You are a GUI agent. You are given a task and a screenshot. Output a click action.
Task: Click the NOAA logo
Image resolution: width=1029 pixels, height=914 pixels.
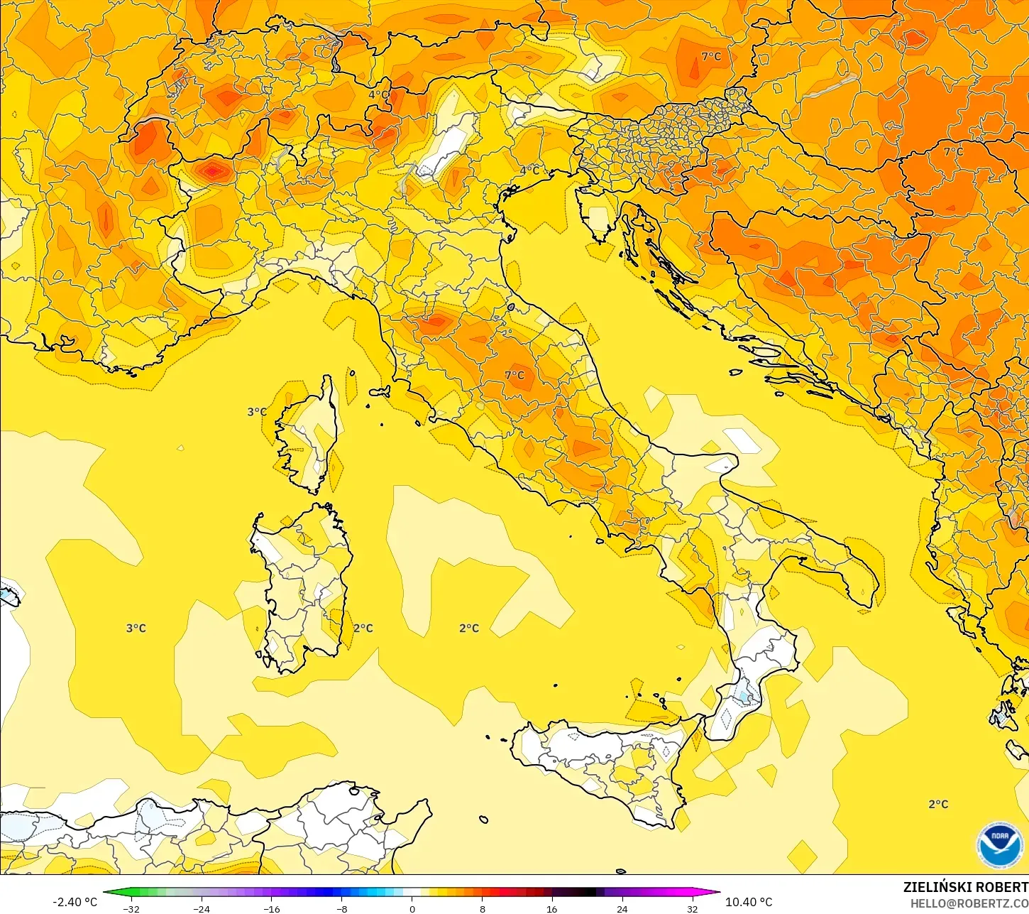point(999,844)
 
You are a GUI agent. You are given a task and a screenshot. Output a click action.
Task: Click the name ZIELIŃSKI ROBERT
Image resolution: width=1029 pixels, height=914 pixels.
point(965,888)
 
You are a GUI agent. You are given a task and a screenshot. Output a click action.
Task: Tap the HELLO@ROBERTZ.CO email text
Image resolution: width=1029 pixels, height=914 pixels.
point(969,903)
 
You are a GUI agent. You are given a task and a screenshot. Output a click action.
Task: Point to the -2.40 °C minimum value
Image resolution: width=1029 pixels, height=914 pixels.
point(75,902)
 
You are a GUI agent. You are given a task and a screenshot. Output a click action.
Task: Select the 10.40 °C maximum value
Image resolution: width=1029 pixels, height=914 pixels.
point(749,902)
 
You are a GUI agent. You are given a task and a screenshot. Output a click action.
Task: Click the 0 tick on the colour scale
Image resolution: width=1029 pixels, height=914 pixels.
point(412,909)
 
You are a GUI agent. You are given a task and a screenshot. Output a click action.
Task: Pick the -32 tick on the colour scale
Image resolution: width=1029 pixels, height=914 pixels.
point(131,909)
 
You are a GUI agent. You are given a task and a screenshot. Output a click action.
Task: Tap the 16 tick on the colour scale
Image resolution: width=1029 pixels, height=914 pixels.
point(551,909)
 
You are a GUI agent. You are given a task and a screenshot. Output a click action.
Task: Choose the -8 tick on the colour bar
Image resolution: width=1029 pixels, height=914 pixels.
point(342,909)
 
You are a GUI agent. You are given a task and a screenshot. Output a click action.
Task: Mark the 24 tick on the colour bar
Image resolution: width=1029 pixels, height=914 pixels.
point(622,909)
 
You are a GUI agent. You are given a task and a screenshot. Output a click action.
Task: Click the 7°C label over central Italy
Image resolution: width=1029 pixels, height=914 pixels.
point(514,375)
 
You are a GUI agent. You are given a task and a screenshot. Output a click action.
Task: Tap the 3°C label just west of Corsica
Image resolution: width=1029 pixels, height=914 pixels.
point(257,412)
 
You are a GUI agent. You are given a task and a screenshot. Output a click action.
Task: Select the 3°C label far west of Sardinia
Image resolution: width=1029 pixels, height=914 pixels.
point(136,628)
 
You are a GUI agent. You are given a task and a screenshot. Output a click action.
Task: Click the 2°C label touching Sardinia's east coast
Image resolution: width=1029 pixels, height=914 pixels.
point(363,628)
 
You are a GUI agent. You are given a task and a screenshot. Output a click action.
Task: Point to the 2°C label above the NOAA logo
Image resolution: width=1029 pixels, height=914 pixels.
point(938,804)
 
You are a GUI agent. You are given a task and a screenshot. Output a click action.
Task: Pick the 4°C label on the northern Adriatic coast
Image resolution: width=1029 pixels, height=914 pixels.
point(529,170)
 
